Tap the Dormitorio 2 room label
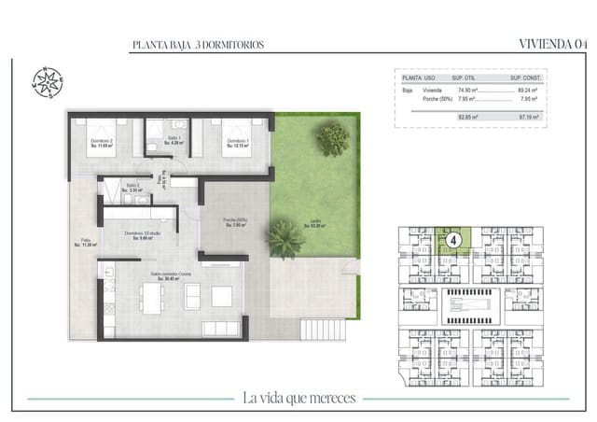[x=102, y=143]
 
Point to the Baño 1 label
[x=174, y=141]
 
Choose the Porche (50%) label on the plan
[x=234, y=222]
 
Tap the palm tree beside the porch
[x=285, y=238]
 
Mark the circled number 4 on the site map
[x=453, y=239]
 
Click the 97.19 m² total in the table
[x=531, y=118]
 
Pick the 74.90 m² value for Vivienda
[x=463, y=91]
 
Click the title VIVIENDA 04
[x=553, y=43]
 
